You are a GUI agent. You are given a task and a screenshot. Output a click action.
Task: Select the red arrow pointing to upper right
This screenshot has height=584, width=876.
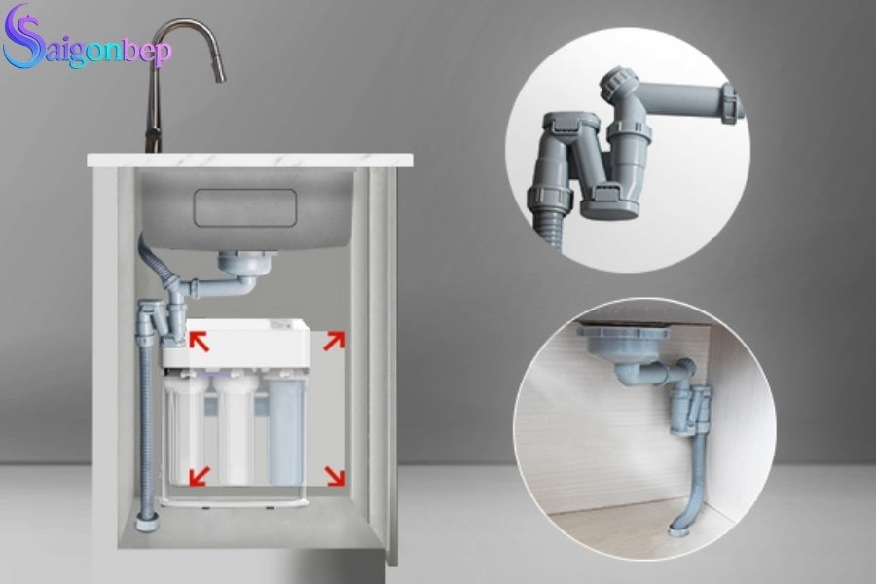click(x=333, y=341)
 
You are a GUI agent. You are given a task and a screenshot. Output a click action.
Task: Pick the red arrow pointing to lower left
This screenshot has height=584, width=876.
click(x=199, y=474)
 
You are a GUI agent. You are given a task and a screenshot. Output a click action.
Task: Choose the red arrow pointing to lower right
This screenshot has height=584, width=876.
click(x=333, y=474)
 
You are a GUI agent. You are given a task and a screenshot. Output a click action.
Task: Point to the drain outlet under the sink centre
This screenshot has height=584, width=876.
click(x=238, y=263)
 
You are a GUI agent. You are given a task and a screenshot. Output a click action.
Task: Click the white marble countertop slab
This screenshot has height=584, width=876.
click(x=249, y=159)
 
